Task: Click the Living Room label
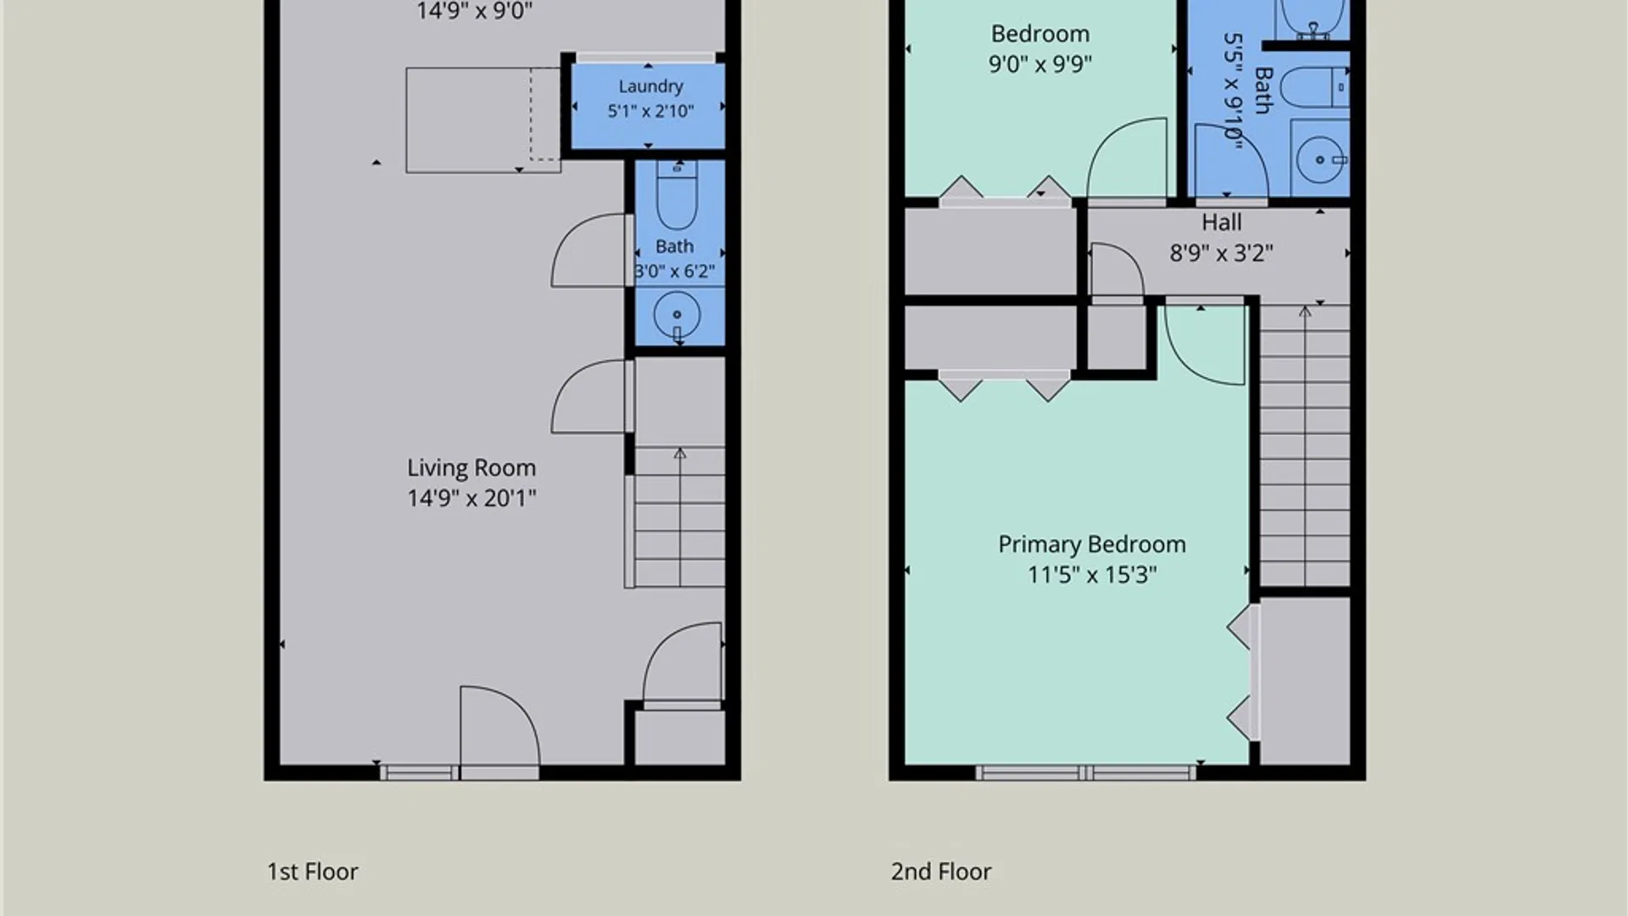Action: pyautogui.click(x=471, y=468)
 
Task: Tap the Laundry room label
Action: pyautogui.click(x=650, y=87)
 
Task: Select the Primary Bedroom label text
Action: pyautogui.click(x=1092, y=545)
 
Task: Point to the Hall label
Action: pyautogui.click(x=1221, y=222)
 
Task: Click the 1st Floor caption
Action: pyautogui.click(x=313, y=872)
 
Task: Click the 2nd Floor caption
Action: pyautogui.click(x=941, y=872)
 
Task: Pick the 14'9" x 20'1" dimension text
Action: pyautogui.click(x=471, y=498)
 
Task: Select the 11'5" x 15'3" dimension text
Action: pyautogui.click(x=1092, y=575)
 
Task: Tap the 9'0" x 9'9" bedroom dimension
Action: pyautogui.click(x=1040, y=64)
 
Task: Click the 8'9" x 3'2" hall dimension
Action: pyautogui.click(x=1221, y=253)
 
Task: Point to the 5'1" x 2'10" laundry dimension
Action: pyautogui.click(x=650, y=111)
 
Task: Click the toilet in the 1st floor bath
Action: pyautogui.click(x=677, y=195)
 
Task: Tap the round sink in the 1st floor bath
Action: pyautogui.click(x=677, y=315)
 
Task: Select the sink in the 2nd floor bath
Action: pyautogui.click(x=1320, y=159)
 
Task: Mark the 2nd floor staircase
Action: pyautogui.click(x=1305, y=445)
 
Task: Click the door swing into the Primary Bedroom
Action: pyautogui.click(x=1204, y=344)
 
